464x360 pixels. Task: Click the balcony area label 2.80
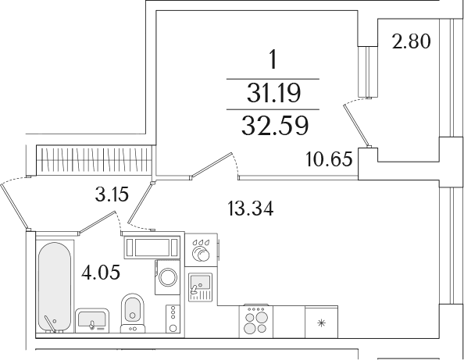pyautogui.click(x=411, y=41)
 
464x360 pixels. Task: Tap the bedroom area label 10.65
pyautogui.click(x=329, y=159)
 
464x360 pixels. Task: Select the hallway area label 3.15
pyautogui.click(x=112, y=195)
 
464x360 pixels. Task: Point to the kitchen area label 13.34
pyautogui.click(x=251, y=209)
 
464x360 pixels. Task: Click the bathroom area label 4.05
pyautogui.click(x=101, y=272)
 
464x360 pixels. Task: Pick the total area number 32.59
pyautogui.click(x=275, y=126)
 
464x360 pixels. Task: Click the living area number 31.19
pyautogui.click(x=273, y=93)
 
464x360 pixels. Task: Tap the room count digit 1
pyautogui.click(x=273, y=59)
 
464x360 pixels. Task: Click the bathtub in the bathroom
pyautogui.click(x=55, y=287)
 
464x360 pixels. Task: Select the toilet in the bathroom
pyautogui.click(x=133, y=313)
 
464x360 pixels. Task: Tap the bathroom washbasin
pyautogui.click(x=92, y=320)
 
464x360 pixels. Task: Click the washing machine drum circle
pyautogui.click(x=168, y=277)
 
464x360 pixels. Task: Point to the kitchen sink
pyautogui.click(x=201, y=287)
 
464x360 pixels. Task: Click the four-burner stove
pyautogui.click(x=256, y=322)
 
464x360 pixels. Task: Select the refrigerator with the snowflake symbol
pyautogui.click(x=321, y=322)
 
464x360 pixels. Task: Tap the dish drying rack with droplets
pyautogui.click(x=202, y=250)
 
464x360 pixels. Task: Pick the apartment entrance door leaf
pyautogui.click(x=15, y=206)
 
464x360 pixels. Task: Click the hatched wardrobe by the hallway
pyautogui.click(x=95, y=160)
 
